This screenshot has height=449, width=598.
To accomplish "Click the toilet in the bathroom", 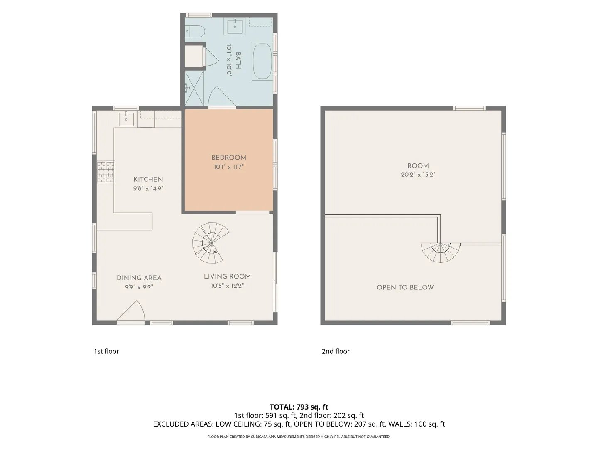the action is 195,31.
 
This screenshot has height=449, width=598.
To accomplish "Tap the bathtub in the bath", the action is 262,61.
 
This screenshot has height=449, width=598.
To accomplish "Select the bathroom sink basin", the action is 234,26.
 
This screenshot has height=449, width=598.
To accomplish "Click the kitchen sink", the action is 126,119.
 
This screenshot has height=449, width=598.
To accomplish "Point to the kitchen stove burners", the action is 106,172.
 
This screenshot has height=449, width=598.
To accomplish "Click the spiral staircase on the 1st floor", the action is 211,243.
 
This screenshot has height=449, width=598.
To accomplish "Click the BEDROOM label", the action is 228,158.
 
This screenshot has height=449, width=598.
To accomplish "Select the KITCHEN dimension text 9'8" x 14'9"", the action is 148,188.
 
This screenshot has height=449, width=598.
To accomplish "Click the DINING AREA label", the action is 139,278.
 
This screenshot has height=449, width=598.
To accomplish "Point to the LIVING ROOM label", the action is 227,276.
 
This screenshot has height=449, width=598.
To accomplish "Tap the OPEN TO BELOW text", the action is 405,287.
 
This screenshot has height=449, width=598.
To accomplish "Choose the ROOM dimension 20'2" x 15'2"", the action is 418,175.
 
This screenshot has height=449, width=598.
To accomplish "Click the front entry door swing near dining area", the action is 131,311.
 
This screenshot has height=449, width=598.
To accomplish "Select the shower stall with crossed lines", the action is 194,88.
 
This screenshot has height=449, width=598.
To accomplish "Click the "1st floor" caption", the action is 106,351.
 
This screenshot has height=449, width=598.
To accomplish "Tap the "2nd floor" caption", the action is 336,351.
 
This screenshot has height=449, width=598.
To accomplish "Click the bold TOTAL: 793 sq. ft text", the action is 299,407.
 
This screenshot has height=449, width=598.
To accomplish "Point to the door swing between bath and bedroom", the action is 222,96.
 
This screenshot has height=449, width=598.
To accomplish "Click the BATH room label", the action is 238,61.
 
